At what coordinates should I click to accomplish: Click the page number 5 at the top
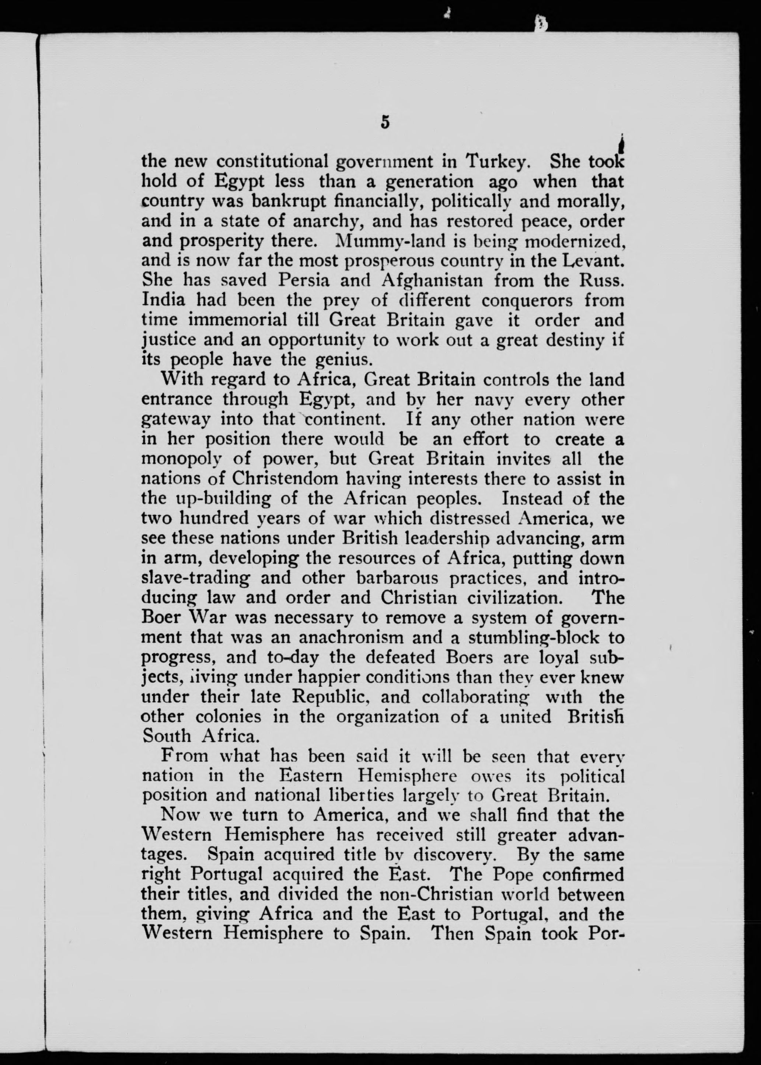[x=385, y=122]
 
